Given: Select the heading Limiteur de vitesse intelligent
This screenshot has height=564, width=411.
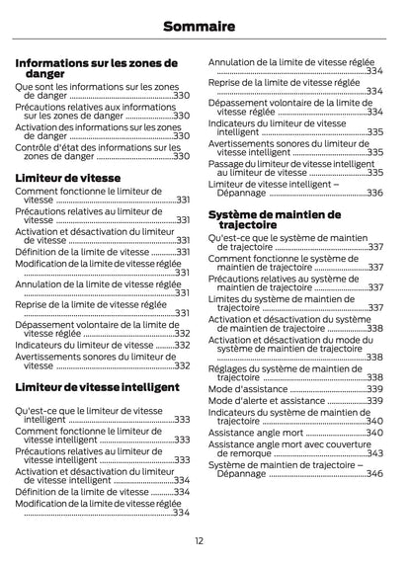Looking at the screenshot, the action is (97, 388).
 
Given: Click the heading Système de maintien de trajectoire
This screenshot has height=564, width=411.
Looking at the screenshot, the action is (274, 219).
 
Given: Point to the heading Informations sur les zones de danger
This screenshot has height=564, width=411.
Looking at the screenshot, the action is (96, 68).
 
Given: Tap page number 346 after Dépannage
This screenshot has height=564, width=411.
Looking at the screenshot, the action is (374, 473).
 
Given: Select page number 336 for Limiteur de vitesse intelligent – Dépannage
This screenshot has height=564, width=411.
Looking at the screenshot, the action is (374, 193).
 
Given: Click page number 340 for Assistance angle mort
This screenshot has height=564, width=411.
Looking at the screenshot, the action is (374, 432).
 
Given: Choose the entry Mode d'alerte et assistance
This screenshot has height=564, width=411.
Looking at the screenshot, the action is (265, 401).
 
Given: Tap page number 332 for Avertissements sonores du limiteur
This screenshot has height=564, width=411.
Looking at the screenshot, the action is (183, 365).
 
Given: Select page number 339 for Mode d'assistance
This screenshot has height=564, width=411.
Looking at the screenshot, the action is (374, 389).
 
